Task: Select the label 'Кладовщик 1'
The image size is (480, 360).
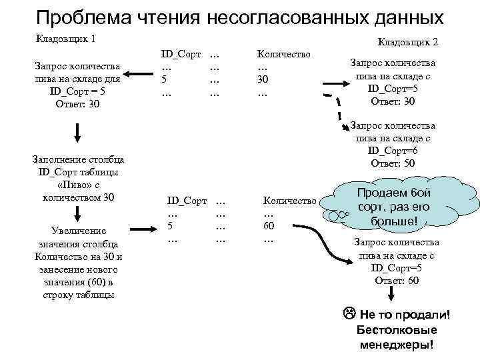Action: [x=65, y=39]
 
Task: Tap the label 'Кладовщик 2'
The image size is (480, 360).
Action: [x=407, y=43]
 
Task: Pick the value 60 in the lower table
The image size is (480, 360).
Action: [x=270, y=226]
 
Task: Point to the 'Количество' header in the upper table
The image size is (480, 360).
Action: [x=283, y=52]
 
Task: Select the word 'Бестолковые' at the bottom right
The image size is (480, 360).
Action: [x=397, y=330]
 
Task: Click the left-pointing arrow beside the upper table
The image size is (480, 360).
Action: [x=141, y=75]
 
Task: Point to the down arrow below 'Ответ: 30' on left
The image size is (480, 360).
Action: [x=77, y=133]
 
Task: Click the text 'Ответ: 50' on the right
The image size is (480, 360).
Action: [x=393, y=163]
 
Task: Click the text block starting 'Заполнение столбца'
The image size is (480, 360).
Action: [x=77, y=178]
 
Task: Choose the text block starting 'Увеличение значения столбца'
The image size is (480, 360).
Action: [x=77, y=263]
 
